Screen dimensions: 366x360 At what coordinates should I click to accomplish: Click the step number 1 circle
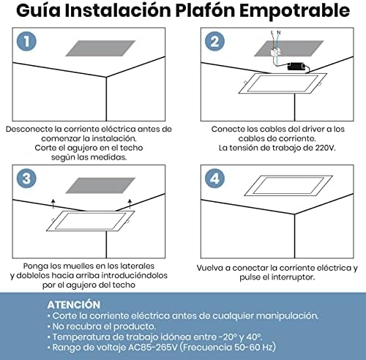(x=26, y=41)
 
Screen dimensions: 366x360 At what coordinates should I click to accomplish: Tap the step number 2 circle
(x=214, y=41)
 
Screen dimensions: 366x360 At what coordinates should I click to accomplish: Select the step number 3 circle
(x=26, y=179)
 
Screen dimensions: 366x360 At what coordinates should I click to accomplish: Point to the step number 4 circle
(x=214, y=179)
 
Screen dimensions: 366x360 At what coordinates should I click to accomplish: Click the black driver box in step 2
(x=296, y=66)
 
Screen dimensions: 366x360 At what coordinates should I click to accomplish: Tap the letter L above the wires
(x=272, y=32)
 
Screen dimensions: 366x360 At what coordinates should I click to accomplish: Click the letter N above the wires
(x=279, y=32)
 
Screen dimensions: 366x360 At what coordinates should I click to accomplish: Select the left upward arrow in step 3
(x=53, y=204)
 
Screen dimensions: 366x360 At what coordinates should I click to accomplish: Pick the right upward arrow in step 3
(x=130, y=204)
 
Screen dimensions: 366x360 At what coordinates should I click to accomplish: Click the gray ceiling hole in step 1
(x=100, y=48)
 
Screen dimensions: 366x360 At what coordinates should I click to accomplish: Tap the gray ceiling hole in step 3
(x=100, y=185)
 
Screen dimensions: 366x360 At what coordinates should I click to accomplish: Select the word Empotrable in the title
(x=294, y=11)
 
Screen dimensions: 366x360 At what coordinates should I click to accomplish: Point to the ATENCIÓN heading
(x=74, y=304)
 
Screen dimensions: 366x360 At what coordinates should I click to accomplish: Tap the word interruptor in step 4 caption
(x=293, y=277)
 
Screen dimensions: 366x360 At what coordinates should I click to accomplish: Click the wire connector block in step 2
(x=275, y=52)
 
